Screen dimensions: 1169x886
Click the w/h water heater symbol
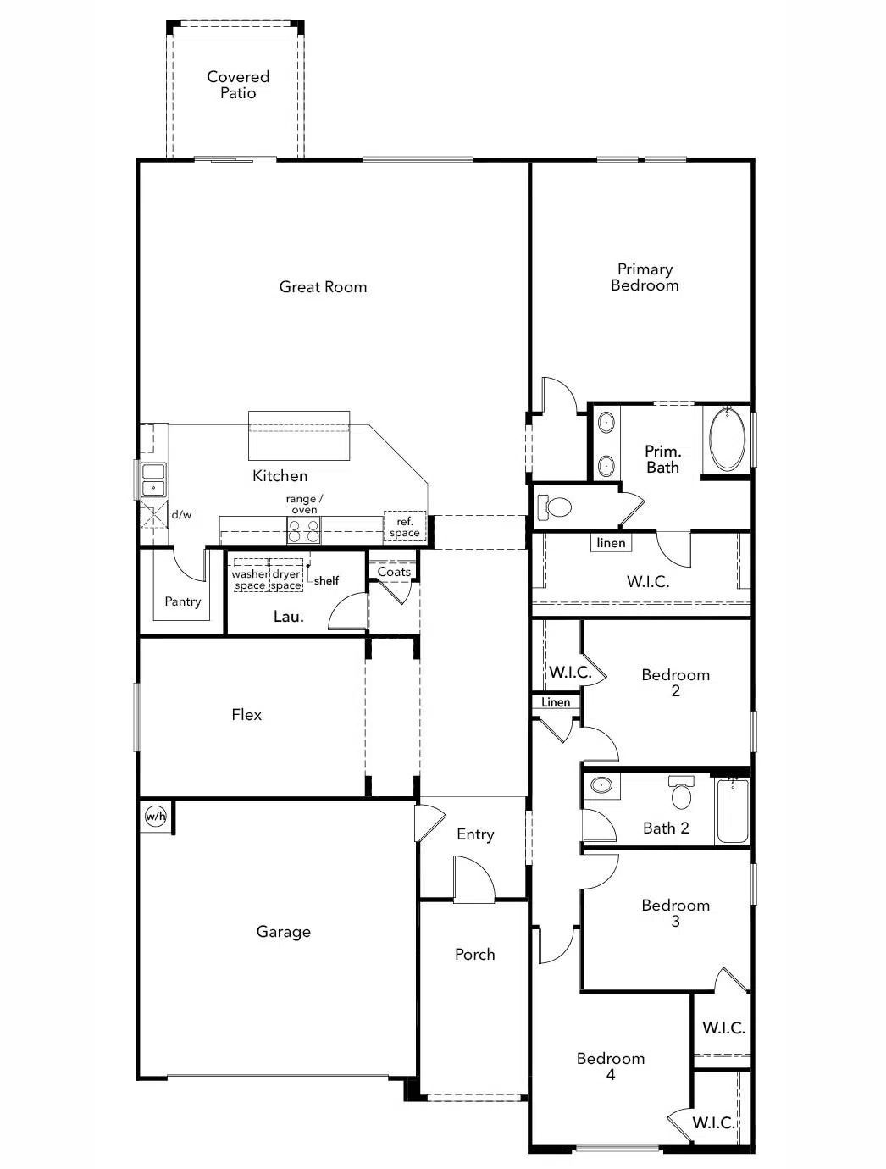(x=155, y=817)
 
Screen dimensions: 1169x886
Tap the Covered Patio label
(x=238, y=85)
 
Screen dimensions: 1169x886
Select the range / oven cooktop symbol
(x=303, y=531)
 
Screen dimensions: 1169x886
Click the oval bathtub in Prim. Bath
(x=727, y=440)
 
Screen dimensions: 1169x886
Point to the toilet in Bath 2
(x=681, y=793)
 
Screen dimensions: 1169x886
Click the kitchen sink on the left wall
(x=152, y=479)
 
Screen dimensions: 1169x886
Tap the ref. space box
(x=405, y=527)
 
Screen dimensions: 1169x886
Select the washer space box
(x=250, y=579)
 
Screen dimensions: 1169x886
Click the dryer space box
(x=286, y=579)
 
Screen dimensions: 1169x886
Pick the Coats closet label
(x=394, y=572)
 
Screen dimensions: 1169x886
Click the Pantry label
(x=183, y=601)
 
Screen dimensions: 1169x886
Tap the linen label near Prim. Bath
(x=611, y=543)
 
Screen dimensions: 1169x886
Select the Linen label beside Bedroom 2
(x=556, y=702)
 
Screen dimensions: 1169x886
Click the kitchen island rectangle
(x=299, y=435)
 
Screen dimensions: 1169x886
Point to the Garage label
(x=283, y=932)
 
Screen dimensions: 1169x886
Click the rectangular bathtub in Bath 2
(x=733, y=811)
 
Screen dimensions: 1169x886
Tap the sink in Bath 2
(x=601, y=785)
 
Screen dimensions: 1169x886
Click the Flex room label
(x=246, y=715)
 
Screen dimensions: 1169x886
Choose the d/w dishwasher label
(x=181, y=514)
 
